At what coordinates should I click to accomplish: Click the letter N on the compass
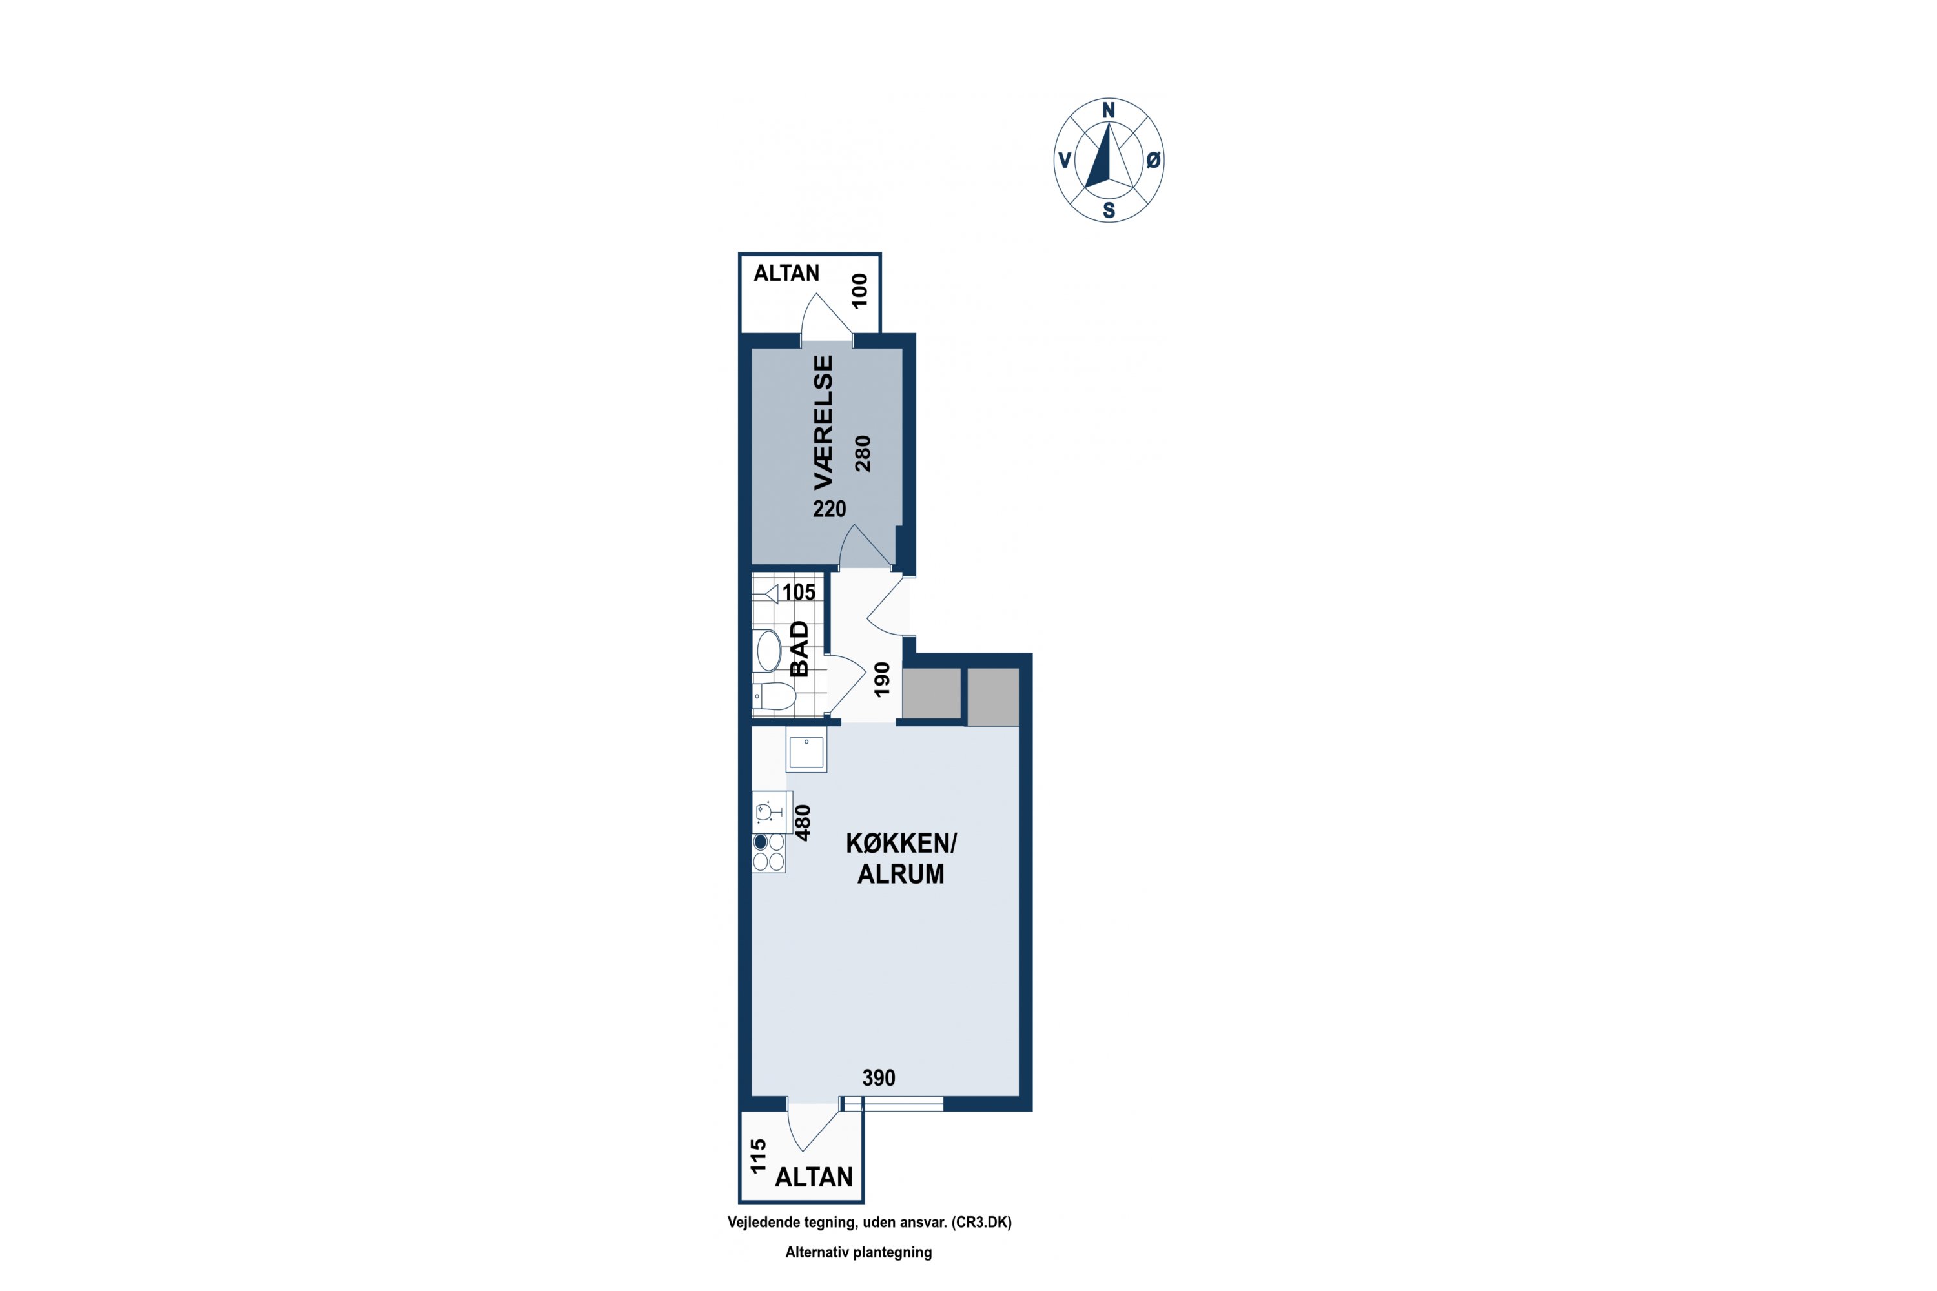pos(1109,110)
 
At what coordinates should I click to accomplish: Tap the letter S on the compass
pos(1109,211)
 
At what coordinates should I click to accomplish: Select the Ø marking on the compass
pos(1153,161)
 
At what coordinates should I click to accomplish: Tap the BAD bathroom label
pos(799,649)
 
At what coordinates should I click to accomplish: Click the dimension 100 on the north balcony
pos(860,290)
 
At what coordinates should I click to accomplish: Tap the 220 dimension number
pos(829,509)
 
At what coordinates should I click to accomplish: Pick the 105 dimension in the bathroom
pos(799,592)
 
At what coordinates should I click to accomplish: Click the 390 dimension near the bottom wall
pos(879,1078)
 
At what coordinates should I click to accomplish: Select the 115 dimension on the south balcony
pos(759,1155)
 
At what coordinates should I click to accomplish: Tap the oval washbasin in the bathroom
pos(769,651)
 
